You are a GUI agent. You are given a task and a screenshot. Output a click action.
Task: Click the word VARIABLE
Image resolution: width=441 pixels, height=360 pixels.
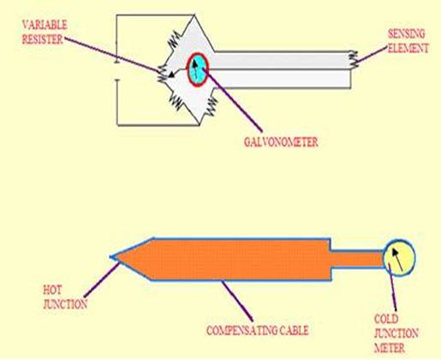(x=45, y=25)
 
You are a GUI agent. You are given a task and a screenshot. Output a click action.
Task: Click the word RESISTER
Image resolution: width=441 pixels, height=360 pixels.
(x=43, y=39)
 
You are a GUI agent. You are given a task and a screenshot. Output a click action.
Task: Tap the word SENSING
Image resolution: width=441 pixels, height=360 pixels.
(x=407, y=33)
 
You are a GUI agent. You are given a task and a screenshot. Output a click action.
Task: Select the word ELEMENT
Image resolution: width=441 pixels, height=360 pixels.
(x=408, y=48)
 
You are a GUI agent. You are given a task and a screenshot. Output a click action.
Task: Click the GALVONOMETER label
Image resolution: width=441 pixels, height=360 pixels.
(x=281, y=142)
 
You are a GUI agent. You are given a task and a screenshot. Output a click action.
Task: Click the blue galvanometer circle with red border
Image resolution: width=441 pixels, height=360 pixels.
(x=198, y=69)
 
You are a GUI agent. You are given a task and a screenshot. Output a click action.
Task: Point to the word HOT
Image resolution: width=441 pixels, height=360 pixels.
(x=52, y=291)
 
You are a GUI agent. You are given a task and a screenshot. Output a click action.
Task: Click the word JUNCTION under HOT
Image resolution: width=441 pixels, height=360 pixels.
(x=65, y=304)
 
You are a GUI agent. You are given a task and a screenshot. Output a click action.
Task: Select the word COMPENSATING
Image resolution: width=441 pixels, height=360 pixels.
(x=241, y=331)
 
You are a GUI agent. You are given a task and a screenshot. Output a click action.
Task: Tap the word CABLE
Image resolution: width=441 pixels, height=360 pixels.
(x=294, y=331)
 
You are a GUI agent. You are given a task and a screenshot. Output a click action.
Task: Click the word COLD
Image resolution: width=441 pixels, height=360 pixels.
(x=386, y=319)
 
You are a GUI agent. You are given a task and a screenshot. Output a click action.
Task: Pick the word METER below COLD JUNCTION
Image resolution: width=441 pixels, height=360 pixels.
(x=390, y=348)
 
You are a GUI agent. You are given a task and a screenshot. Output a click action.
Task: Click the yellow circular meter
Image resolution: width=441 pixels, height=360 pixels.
(x=399, y=258)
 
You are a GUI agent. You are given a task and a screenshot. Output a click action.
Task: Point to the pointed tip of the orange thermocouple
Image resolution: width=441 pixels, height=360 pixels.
(x=110, y=257)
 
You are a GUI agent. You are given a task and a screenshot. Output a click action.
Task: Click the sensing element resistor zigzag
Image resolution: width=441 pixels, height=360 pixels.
(x=353, y=60)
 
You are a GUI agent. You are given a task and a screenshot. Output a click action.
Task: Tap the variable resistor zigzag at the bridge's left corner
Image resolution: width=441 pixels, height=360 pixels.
(x=163, y=74)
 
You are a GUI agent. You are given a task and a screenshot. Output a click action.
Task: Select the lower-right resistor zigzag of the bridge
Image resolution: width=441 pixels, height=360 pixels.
(x=212, y=106)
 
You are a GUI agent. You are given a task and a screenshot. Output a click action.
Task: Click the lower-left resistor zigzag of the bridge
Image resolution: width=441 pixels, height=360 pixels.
(x=176, y=103)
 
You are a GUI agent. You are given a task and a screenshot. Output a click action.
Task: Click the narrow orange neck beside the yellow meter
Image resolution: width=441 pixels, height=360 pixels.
(x=357, y=259)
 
